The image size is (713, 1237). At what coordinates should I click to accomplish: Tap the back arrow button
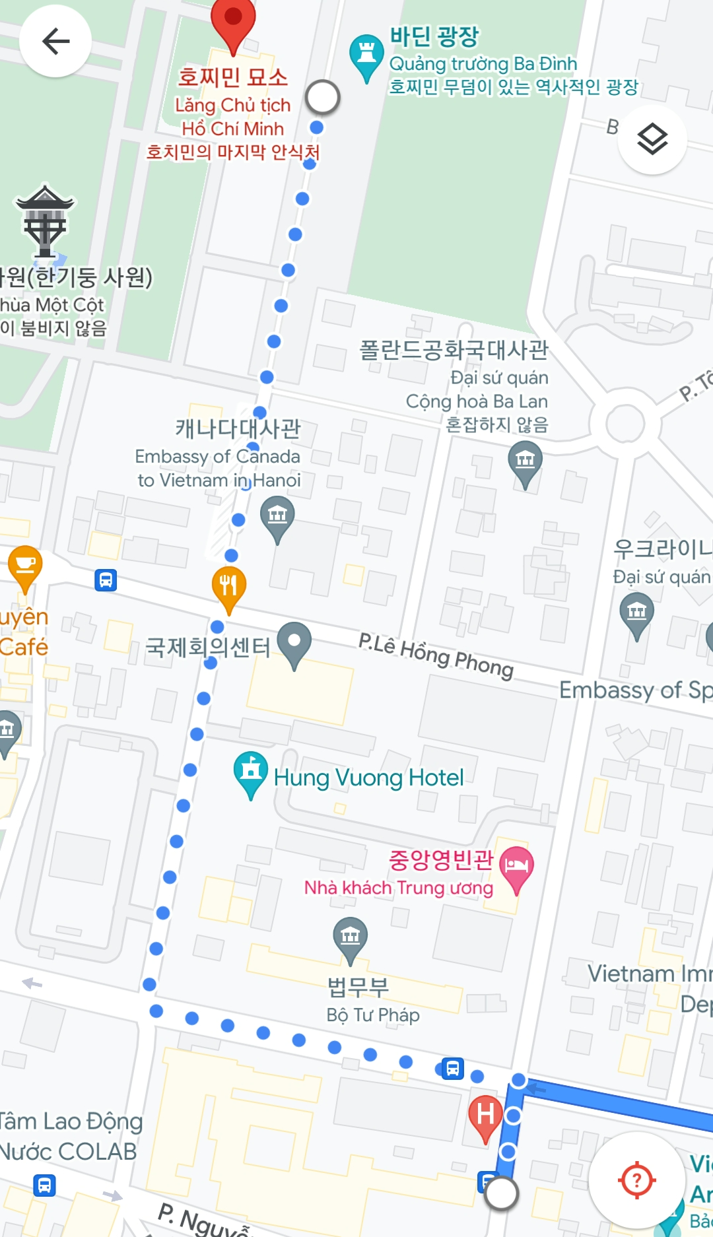click(x=55, y=42)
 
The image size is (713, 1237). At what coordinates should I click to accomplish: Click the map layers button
click(x=652, y=139)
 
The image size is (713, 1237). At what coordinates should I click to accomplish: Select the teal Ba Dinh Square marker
click(x=366, y=55)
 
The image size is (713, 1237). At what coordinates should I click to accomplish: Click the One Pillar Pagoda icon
click(x=45, y=221)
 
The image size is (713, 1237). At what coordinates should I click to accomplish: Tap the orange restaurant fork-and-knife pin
click(x=228, y=586)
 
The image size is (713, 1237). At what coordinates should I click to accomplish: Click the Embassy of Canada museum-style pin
click(x=277, y=516)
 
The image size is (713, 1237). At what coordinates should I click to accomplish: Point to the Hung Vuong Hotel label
click(x=368, y=778)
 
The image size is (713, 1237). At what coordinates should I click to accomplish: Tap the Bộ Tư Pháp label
click(x=373, y=1015)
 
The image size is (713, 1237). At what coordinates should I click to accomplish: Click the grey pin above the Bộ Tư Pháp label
click(x=351, y=937)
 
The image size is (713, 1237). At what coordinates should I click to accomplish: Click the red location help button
click(x=636, y=1180)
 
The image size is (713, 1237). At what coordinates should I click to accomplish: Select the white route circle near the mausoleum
click(x=323, y=97)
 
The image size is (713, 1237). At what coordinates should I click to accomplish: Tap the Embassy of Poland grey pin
click(x=525, y=461)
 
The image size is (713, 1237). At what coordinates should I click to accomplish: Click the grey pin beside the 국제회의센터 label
click(x=294, y=642)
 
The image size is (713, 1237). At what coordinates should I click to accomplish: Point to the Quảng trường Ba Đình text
click(x=483, y=64)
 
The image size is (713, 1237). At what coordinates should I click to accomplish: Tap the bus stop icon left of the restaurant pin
click(x=106, y=580)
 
